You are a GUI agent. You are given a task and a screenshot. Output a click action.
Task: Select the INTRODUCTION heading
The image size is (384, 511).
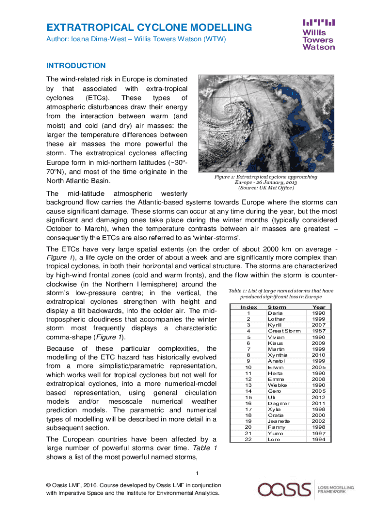pos(76,66)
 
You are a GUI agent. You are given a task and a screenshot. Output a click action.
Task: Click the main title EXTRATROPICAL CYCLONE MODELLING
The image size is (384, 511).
pos(149,27)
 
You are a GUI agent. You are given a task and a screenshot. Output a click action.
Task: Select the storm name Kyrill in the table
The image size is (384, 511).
pos(275,325)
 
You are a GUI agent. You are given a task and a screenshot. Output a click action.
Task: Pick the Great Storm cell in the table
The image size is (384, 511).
pos(284,331)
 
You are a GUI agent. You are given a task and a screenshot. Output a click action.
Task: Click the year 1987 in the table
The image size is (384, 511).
pos(319,331)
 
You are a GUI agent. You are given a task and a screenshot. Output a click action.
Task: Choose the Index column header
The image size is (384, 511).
pos(248,307)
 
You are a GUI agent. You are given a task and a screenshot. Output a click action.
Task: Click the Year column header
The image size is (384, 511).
pos(318,307)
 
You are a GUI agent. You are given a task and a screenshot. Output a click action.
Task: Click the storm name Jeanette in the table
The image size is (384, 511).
pos(279,421)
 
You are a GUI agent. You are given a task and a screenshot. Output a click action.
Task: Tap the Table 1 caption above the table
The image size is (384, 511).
pos(281,294)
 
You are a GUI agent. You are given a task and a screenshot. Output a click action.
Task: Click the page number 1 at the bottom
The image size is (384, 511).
pos(197,474)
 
